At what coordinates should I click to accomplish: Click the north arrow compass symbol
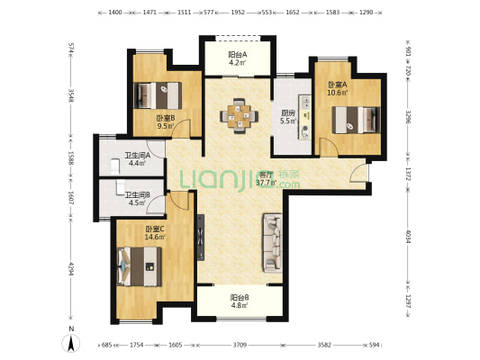[71, 343]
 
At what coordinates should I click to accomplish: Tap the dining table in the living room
[239, 115]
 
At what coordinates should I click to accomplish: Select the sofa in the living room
[272, 243]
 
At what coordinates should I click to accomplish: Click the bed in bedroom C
[140, 266]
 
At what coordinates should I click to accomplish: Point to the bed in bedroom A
[357, 120]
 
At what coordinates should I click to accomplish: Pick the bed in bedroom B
[158, 95]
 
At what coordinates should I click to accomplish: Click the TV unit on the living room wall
[201, 238]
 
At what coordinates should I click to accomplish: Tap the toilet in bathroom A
[114, 166]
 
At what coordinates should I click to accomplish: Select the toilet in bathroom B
[121, 187]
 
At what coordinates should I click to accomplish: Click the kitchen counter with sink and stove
[304, 117]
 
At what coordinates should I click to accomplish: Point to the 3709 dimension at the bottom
[240, 345]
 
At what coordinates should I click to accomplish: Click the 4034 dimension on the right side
[408, 236]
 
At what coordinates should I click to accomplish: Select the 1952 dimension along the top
[238, 13]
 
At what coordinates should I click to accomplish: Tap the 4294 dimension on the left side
[71, 268]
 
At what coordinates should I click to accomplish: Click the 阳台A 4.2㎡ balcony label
[238, 58]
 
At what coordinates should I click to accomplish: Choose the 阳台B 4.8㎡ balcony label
[240, 301]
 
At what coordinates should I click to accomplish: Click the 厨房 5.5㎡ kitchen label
[288, 117]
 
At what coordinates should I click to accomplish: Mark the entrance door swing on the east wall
[358, 173]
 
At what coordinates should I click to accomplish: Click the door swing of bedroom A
[329, 147]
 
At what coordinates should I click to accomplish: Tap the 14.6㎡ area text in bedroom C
[155, 237]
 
